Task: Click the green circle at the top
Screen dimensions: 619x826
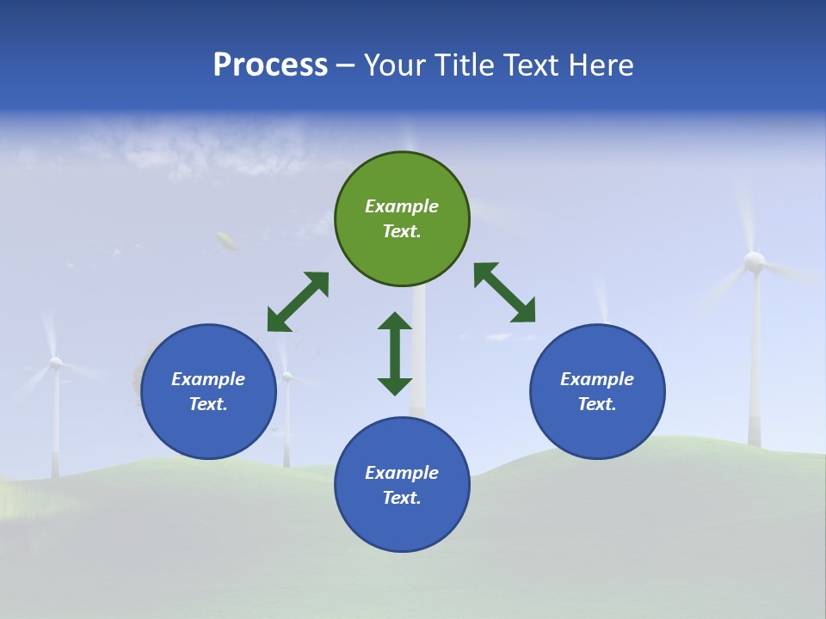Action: (402, 219)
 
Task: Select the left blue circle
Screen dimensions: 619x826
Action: (208, 391)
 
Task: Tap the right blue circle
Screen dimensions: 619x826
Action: (597, 391)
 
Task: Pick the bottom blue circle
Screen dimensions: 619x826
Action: (402, 485)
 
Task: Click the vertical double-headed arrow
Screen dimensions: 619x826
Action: (395, 353)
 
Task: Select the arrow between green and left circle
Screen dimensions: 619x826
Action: (298, 302)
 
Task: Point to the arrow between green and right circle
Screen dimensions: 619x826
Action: (505, 292)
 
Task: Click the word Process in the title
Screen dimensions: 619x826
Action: (270, 64)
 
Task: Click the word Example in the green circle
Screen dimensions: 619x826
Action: (402, 206)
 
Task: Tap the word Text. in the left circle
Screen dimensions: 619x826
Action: (208, 404)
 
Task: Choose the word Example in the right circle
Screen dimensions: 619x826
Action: (597, 379)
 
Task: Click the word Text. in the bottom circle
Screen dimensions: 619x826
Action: (402, 498)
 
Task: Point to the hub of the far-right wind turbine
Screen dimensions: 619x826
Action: (754, 260)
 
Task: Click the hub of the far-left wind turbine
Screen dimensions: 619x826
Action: (55, 364)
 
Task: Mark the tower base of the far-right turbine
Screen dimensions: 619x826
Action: (755, 438)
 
